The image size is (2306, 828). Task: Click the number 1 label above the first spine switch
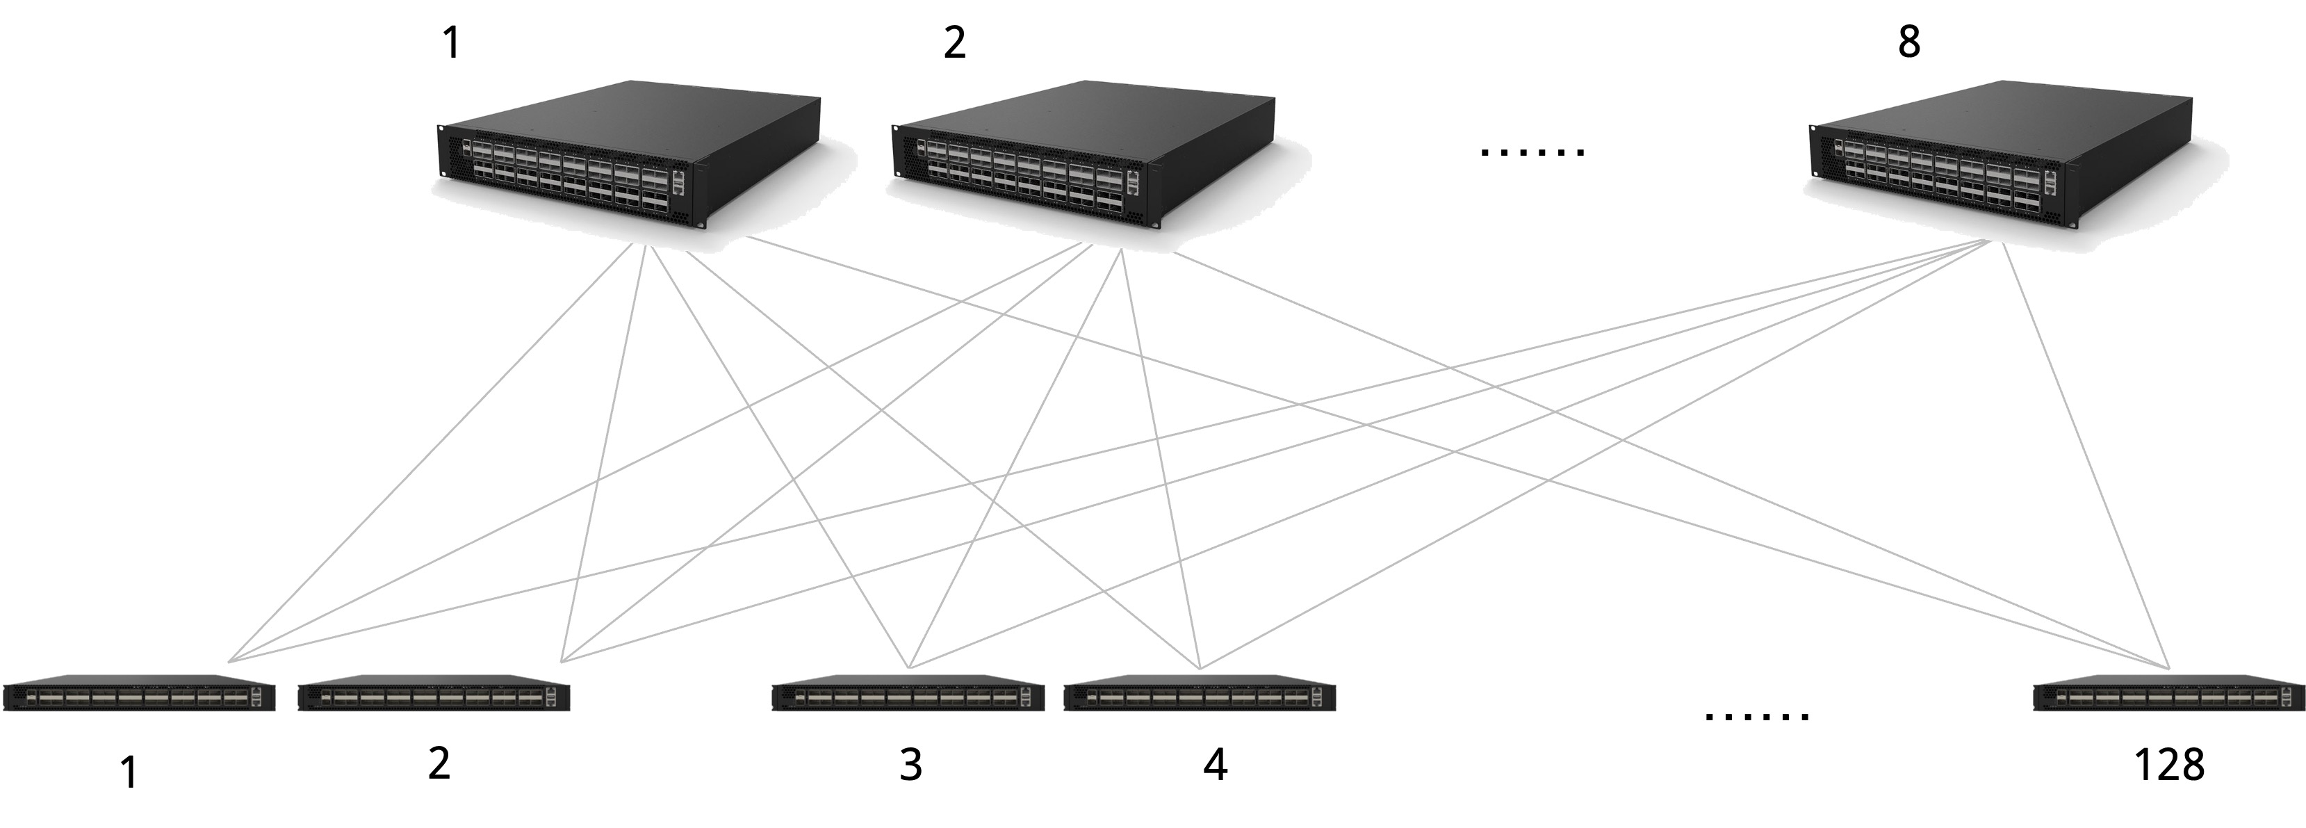pyautogui.click(x=452, y=43)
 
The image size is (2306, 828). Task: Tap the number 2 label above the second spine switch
pyautogui.click(x=954, y=43)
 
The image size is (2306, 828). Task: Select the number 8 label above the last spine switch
pyautogui.click(x=1908, y=42)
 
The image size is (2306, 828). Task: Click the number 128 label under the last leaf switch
pyautogui.click(x=2169, y=765)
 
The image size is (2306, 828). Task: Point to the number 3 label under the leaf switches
pyautogui.click(x=910, y=765)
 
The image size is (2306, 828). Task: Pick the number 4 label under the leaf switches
pyautogui.click(x=1215, y=765)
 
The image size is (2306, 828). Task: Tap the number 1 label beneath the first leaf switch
pyautogui.click(x=129, y=772)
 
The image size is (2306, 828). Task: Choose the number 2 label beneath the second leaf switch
pyautogui.click(x=439, y=763)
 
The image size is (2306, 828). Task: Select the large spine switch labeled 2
pyautogui.click(x=1084, y=156)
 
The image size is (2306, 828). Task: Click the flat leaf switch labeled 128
pyautogui.click(x=2168, y=695)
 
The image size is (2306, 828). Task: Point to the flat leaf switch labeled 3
pyautogui.click(x=908, y=695)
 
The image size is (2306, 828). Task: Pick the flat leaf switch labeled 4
pyautogui.click(x=1200, y=695)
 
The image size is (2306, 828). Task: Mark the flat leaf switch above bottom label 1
pyautogui.click(x=139, y=695)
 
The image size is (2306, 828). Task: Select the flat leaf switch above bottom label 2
pyautogui.click(x=433, y=695)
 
